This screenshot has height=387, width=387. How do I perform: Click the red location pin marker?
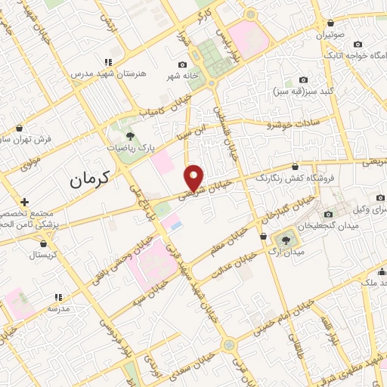(194, 178)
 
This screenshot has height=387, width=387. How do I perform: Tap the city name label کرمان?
(89, 179)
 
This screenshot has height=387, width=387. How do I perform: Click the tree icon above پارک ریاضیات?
(130, 136)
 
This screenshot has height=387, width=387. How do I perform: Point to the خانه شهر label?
(183, 76)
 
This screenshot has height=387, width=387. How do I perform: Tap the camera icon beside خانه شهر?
(182, 65)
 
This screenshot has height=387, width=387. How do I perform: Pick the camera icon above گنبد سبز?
(304, 79)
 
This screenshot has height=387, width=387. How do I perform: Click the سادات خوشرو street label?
(290, 123)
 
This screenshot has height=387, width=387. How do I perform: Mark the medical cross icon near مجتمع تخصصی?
(25, 202)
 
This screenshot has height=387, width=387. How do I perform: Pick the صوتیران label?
(330, 36)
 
